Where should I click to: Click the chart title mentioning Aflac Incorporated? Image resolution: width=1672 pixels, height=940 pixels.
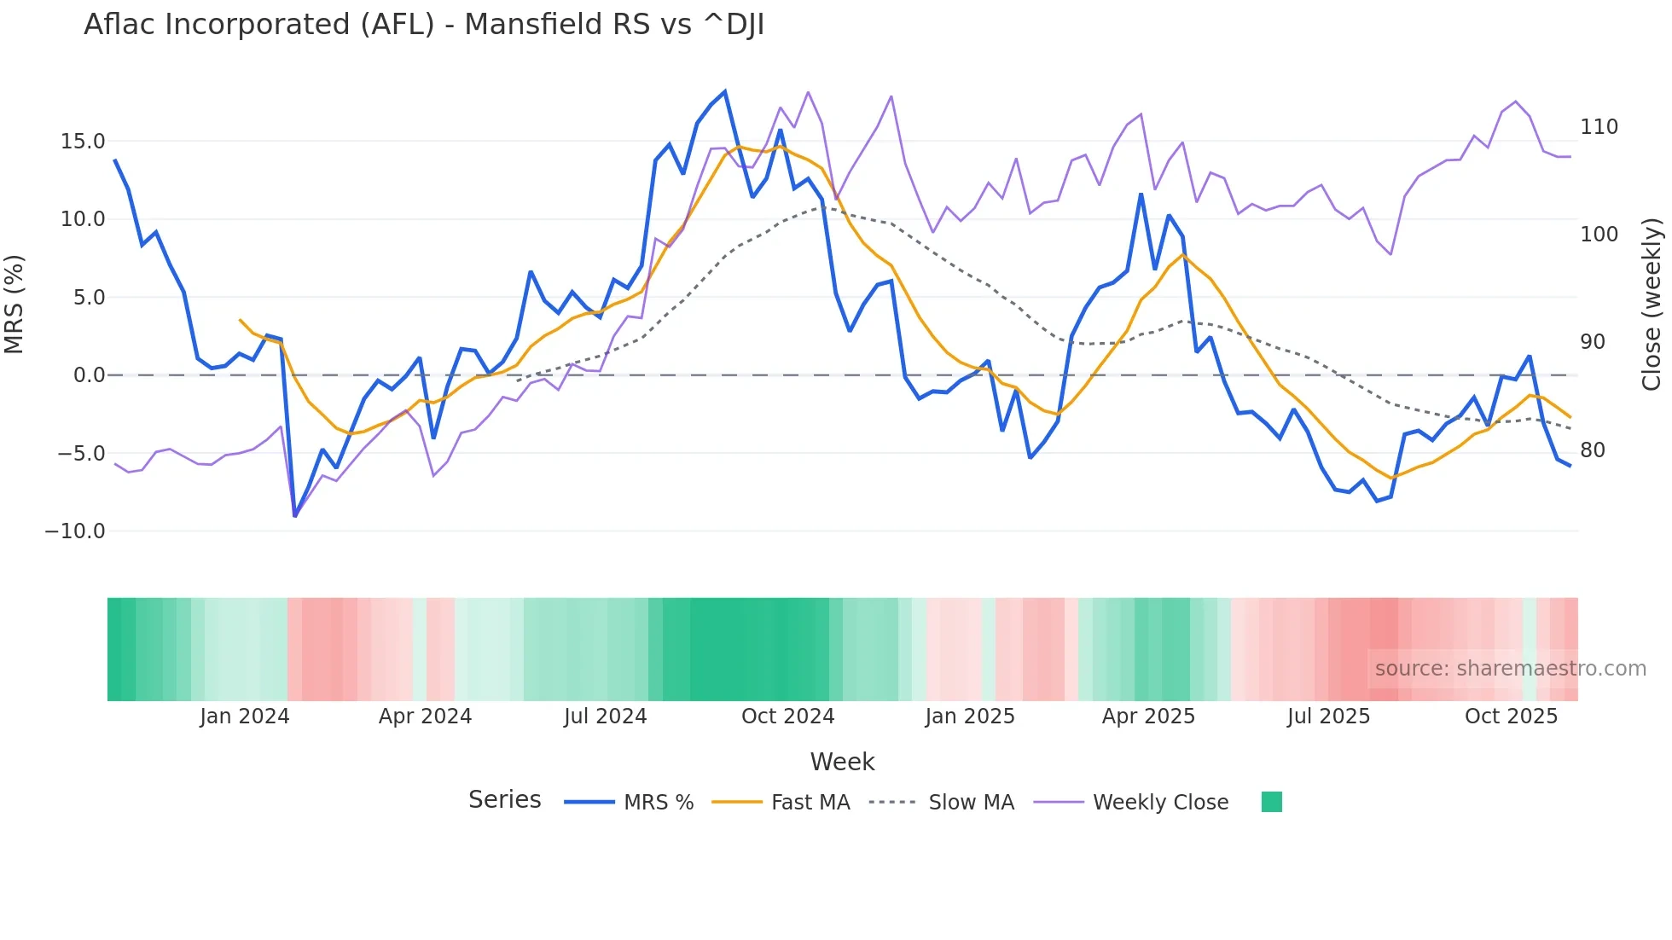coord(424,25)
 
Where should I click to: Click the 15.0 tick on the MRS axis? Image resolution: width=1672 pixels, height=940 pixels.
coord(83,142)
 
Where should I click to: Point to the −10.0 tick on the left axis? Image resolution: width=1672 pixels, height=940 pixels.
coord(75,531)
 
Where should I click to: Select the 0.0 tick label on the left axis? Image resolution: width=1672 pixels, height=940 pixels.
coord(89,375)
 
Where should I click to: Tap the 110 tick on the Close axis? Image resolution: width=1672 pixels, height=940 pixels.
coord(1599,127)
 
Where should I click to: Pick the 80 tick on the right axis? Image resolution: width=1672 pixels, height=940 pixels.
coord(1593,450)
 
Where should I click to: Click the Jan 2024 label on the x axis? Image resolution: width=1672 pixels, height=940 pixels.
coord(245,717)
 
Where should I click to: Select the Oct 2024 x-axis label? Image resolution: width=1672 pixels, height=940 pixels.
coord(787,717)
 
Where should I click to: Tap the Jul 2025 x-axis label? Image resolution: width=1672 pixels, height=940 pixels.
coord(1328,717)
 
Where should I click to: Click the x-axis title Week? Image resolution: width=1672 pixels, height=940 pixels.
coord(842,762)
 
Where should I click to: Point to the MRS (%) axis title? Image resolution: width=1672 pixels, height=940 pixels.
coord(15,305)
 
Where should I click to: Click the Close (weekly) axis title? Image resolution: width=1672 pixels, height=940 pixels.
coord(1652,305)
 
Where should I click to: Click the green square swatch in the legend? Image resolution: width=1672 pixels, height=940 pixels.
coord(1271,802)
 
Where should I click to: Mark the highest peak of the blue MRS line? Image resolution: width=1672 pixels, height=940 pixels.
coord(725,91)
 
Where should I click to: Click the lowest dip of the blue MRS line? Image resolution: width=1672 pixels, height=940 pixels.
coord(295,516)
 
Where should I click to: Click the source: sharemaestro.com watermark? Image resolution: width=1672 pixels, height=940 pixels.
coord(1510,669)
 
